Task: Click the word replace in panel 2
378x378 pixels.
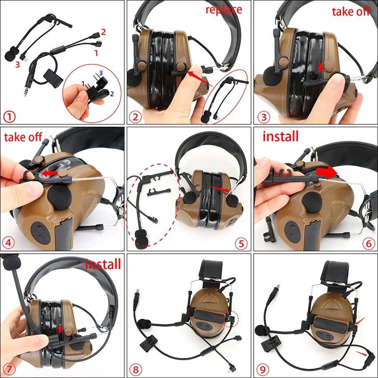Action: pyautogui.click(x=224, y=9)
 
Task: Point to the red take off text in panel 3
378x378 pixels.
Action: pyautogui.click(x=351, y=12)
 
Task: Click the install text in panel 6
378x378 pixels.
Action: pyautogui.click(x=281, y=136)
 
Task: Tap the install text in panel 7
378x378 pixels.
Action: pyautogui.click(x=103, y=264)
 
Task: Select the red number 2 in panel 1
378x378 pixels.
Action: pyautogui.click(x=103, y=32)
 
